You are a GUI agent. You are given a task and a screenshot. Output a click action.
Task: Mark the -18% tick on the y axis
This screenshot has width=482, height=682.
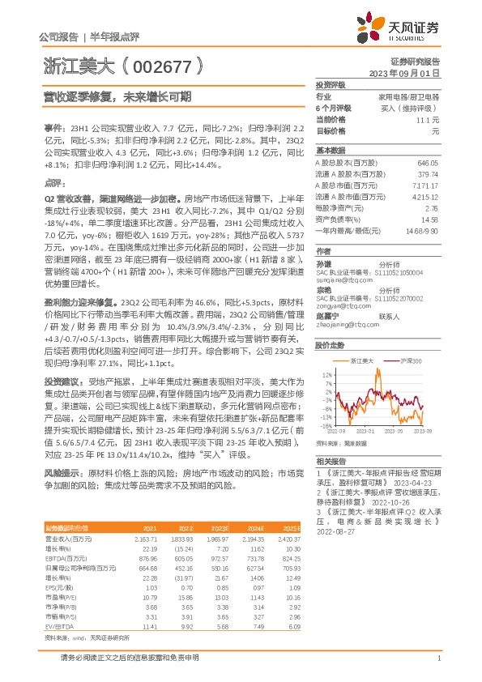point(326,425)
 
